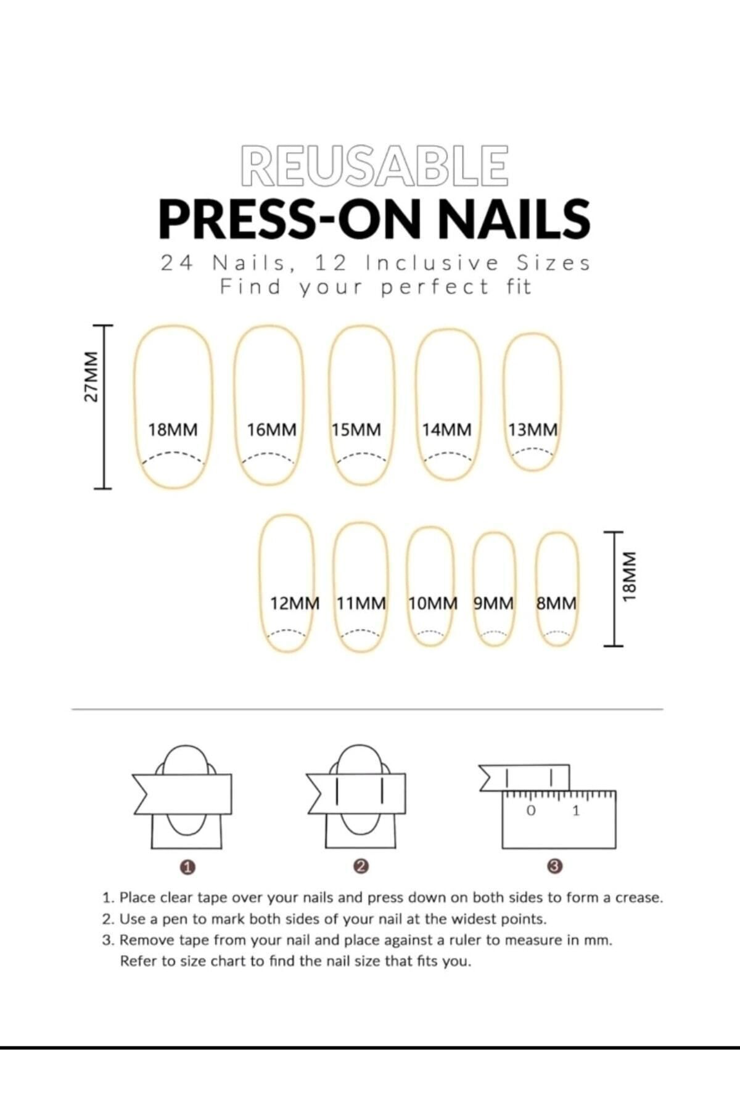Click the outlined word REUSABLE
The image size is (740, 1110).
click(x=375, y=165)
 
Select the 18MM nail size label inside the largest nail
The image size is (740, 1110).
click(x=173, y=430)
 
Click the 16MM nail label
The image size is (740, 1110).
click(x=272, y=430)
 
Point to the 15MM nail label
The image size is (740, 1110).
click(x=356, y=430)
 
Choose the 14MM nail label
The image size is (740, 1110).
click(x=446, y=430)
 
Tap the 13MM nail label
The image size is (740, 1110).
click(x=533, y=430)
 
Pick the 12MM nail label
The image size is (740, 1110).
click(x=295, y=603)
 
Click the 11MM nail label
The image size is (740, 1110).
click(x=361, y=603)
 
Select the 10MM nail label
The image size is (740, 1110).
click(x=433, y=603)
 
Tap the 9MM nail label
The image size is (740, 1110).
click(x=493, y=603)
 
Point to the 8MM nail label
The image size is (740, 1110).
click(x=556, y=603)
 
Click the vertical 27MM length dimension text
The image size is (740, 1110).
click(x=91, y=377)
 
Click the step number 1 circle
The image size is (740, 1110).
click(x=188, y=867)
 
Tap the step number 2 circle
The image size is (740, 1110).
click(x=362, y=866)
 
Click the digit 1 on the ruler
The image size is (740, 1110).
click(x=577, y=810)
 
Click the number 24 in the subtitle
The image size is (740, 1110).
click(x=176, y=263)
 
